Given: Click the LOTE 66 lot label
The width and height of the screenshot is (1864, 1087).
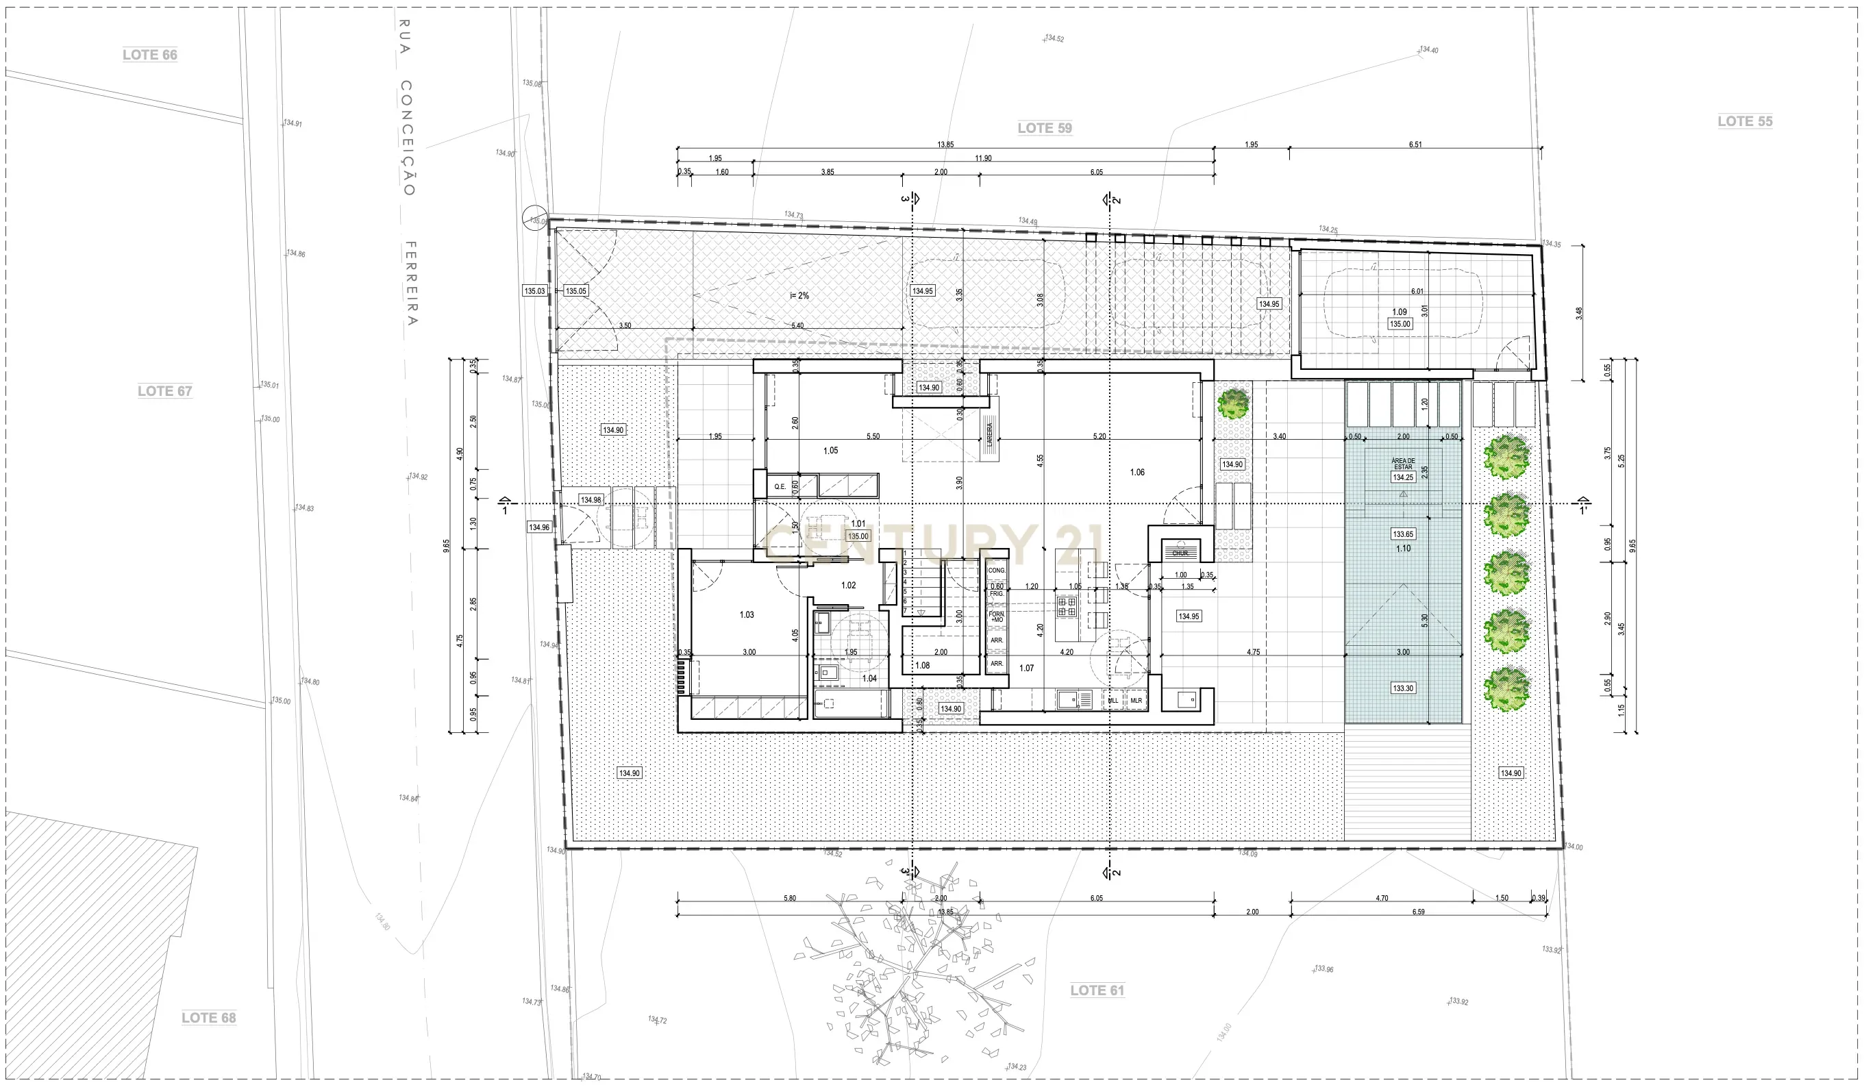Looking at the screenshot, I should pos(149,55).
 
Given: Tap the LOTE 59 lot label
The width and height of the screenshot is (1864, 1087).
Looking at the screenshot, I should pos(1045,128).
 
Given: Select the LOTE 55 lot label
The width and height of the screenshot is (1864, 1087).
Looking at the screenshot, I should pos(1744,121).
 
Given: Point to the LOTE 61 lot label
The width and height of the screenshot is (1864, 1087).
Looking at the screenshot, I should pos(1097,990).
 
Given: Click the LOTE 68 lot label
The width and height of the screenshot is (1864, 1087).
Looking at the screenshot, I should pos(208,1018).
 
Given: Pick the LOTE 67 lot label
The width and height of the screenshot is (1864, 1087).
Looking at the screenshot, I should pos(164,391).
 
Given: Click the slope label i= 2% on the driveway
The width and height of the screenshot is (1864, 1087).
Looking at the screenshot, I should pos(799,296).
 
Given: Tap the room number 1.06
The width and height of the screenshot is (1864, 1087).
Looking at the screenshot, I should pos(1137,472).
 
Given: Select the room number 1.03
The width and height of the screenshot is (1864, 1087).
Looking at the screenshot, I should pos(746,614).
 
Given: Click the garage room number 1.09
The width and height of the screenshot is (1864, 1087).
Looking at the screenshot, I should pos(1400,312).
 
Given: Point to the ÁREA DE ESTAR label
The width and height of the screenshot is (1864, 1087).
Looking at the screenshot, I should pos(1403,464).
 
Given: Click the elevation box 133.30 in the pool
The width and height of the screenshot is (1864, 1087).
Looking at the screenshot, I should pos(1403,688).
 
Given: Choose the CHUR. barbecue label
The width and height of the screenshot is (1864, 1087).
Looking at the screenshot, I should pos(1180,553).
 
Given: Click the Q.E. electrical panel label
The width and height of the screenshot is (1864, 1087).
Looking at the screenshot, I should pos(780,486).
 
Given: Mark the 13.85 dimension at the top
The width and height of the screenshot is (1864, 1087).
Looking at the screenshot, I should pos(945,145).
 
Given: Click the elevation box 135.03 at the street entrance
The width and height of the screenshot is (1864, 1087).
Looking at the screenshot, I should pos(534,291).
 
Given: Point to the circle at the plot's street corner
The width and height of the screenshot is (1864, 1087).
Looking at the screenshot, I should pos(534,218).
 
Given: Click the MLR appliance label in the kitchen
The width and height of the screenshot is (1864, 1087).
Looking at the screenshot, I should pos(1136,700).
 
